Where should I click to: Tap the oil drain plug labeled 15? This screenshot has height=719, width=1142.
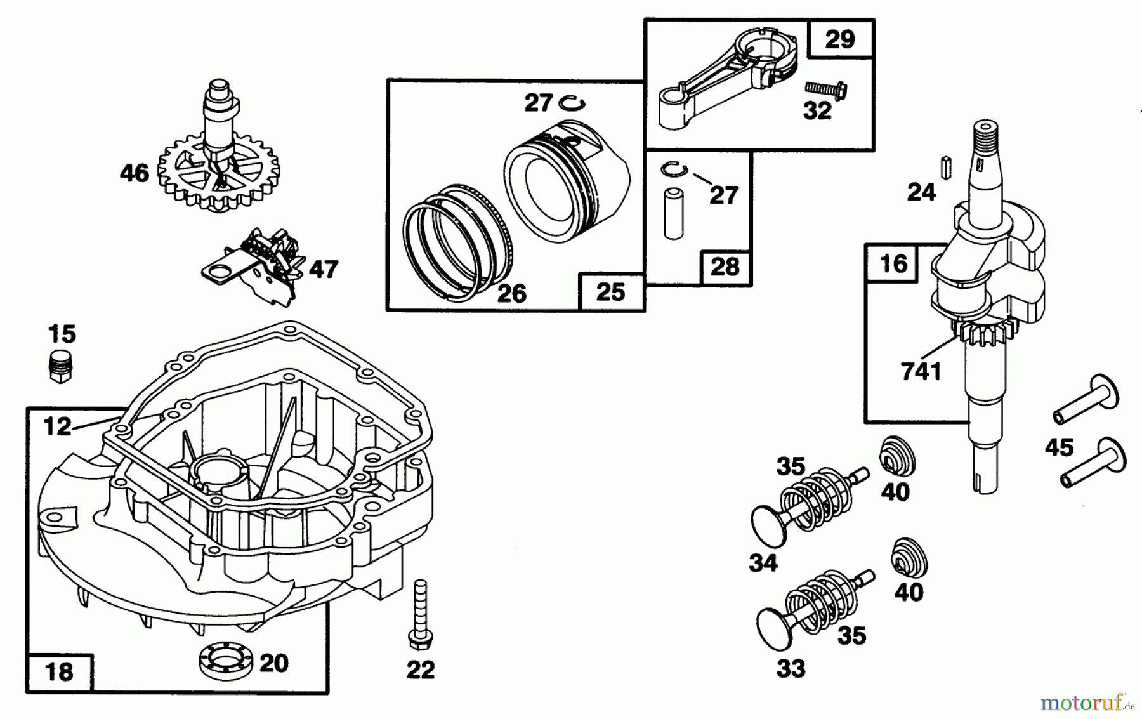click(61, 365)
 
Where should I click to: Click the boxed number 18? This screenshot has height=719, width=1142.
click(60, 671)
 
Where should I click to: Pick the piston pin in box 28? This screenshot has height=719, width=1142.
click(673, 213)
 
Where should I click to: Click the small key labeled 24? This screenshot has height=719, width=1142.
click(945, 166)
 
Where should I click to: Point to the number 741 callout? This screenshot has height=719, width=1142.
click(921, 372)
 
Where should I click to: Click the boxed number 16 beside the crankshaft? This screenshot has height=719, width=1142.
click(893, 263)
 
